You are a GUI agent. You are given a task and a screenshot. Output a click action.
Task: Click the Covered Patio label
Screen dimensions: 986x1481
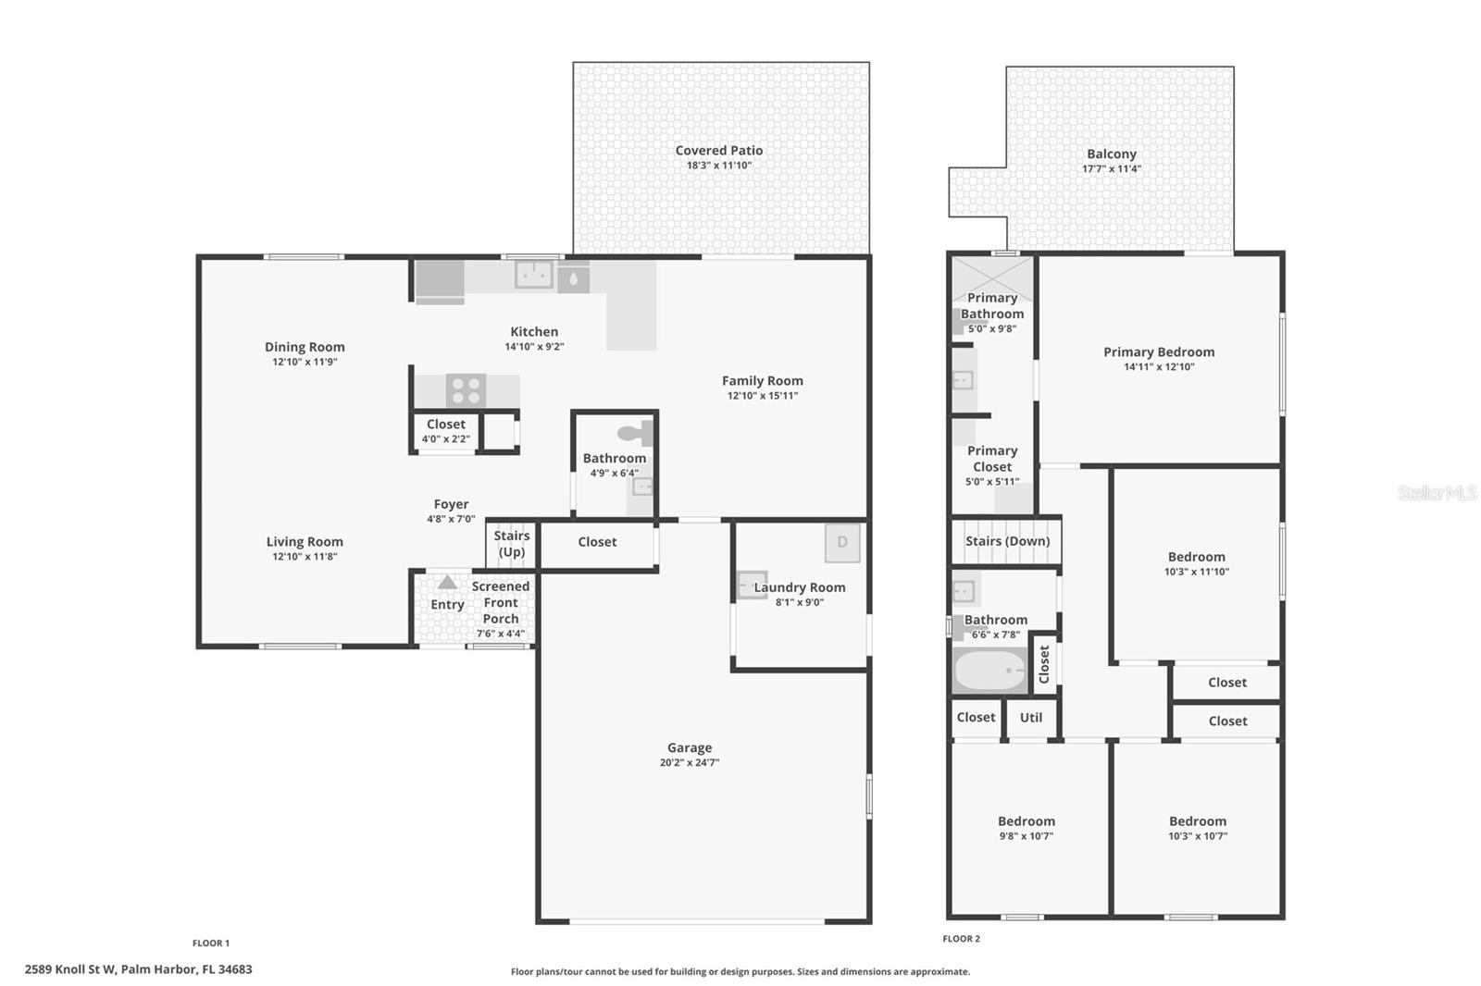click(x=718, y=150)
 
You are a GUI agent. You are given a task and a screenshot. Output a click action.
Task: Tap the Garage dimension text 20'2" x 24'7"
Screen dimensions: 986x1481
click(x=689, y=763)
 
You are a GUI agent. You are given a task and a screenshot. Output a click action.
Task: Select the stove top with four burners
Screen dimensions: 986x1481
click(x=466, y=390)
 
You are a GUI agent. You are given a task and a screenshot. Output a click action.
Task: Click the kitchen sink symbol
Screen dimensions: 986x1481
click(x=534, y=275)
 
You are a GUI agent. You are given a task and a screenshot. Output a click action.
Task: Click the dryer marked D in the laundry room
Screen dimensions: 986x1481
click(x=842, y=543)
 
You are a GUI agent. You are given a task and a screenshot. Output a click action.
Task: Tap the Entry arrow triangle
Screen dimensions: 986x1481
click(x=447, y=583)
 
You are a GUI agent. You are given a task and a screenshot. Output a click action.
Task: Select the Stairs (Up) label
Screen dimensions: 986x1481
click(x=511, y=544)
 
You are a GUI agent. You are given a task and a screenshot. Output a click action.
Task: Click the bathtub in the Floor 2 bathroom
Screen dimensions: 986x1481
click(x=989, y=672)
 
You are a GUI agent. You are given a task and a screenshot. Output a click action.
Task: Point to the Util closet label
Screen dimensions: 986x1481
click(x=1030, y=717)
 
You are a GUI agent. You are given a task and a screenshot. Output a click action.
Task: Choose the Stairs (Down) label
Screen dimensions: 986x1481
click(x=1007, y=541)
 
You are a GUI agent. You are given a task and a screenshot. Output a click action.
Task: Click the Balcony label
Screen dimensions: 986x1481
click(x=1111, y=154)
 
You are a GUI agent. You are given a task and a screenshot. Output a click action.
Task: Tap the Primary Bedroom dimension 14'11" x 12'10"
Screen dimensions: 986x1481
click(x=1158, y=367)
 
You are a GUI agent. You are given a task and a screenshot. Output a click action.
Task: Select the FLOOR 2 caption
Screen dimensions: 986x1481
click(x=961, y=939)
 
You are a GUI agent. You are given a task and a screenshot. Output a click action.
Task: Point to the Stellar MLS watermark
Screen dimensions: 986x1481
click(x=1437, y=493)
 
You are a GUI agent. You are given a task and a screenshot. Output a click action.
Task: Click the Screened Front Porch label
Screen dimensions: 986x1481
click(x=500, y=602)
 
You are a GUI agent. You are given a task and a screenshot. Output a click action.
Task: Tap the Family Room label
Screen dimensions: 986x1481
click(x=762, y=380)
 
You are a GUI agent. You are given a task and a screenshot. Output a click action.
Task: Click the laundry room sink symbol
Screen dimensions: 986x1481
click(x=749, y=585)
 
